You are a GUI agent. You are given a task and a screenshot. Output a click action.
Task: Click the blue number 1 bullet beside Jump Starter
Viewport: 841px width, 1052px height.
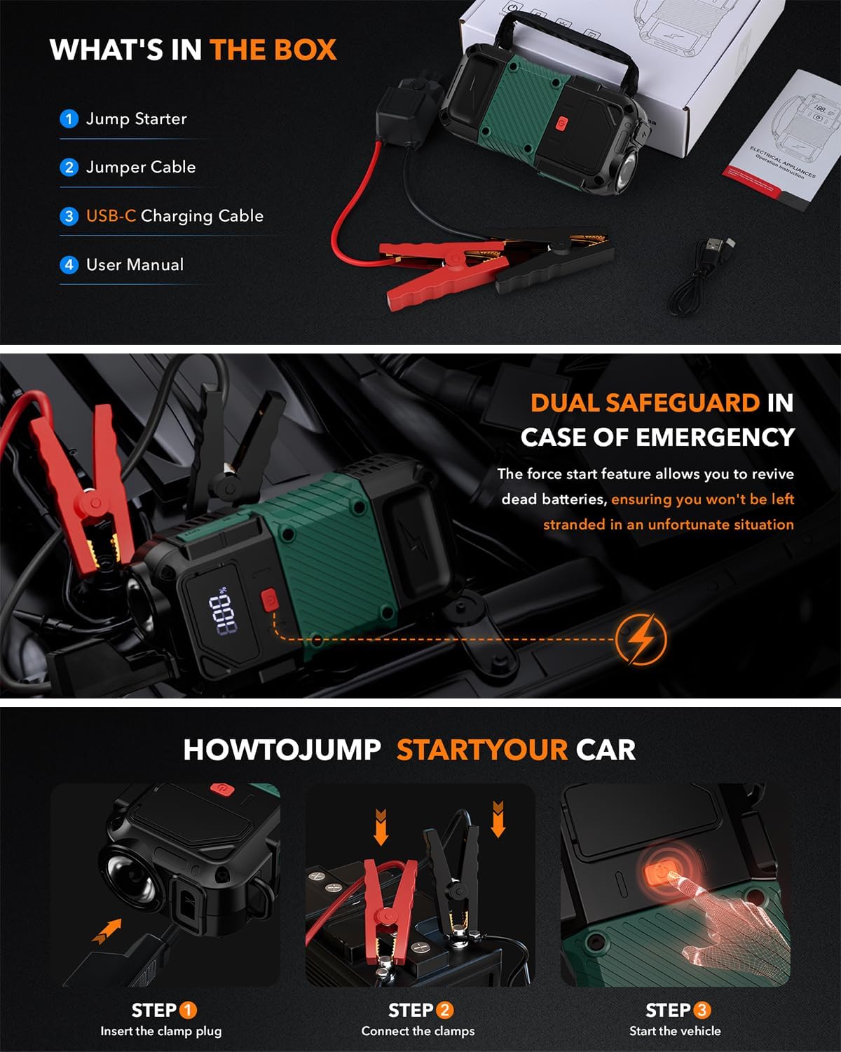click(69, 119)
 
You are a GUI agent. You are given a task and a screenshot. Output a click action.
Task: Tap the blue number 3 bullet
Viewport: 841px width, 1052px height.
click(69, 216)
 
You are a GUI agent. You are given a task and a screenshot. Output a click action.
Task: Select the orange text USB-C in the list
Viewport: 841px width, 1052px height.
click(111, 216)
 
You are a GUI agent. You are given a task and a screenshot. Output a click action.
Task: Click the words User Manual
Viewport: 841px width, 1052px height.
click(135, 264)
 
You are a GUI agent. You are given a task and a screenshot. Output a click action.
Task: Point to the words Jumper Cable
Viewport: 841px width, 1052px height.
click(141, 167)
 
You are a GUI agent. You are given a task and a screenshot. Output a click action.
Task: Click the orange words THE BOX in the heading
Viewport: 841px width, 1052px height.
click(273, 50)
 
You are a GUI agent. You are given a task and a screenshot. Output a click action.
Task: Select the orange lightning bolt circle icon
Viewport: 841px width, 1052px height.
click(641, 639)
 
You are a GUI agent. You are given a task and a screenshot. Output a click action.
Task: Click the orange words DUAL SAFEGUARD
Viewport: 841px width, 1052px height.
click(645, 403)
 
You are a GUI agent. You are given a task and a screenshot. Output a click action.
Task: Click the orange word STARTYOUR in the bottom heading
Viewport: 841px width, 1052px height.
click(482, 750)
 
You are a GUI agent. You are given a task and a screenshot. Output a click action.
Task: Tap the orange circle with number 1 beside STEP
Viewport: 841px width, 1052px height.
click(188, 1010)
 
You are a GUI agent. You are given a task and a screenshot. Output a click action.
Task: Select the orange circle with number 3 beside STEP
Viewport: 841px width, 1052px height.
click(702, 1010)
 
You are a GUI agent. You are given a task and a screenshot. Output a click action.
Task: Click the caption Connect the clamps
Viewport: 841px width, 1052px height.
click(418, 1031)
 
